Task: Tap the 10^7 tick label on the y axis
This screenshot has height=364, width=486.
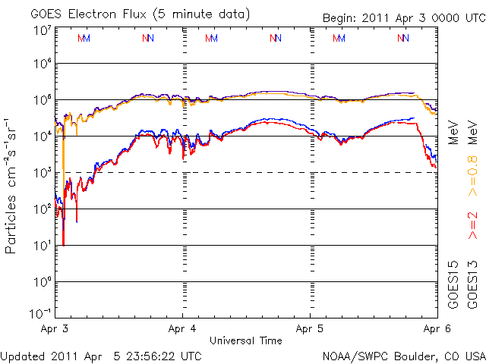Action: [x=42, y=31]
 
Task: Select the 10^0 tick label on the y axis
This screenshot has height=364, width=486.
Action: [x=42, y=282]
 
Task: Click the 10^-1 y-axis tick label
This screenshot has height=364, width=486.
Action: [x=40, y=313]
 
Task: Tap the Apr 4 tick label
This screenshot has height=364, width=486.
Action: [x=183, y=330]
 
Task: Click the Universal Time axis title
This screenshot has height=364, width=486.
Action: [x=247, y=340]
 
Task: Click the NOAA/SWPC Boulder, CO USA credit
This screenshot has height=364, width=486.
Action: [x=404, y=355]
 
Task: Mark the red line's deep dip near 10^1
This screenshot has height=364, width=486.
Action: [x=63, y=244]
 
